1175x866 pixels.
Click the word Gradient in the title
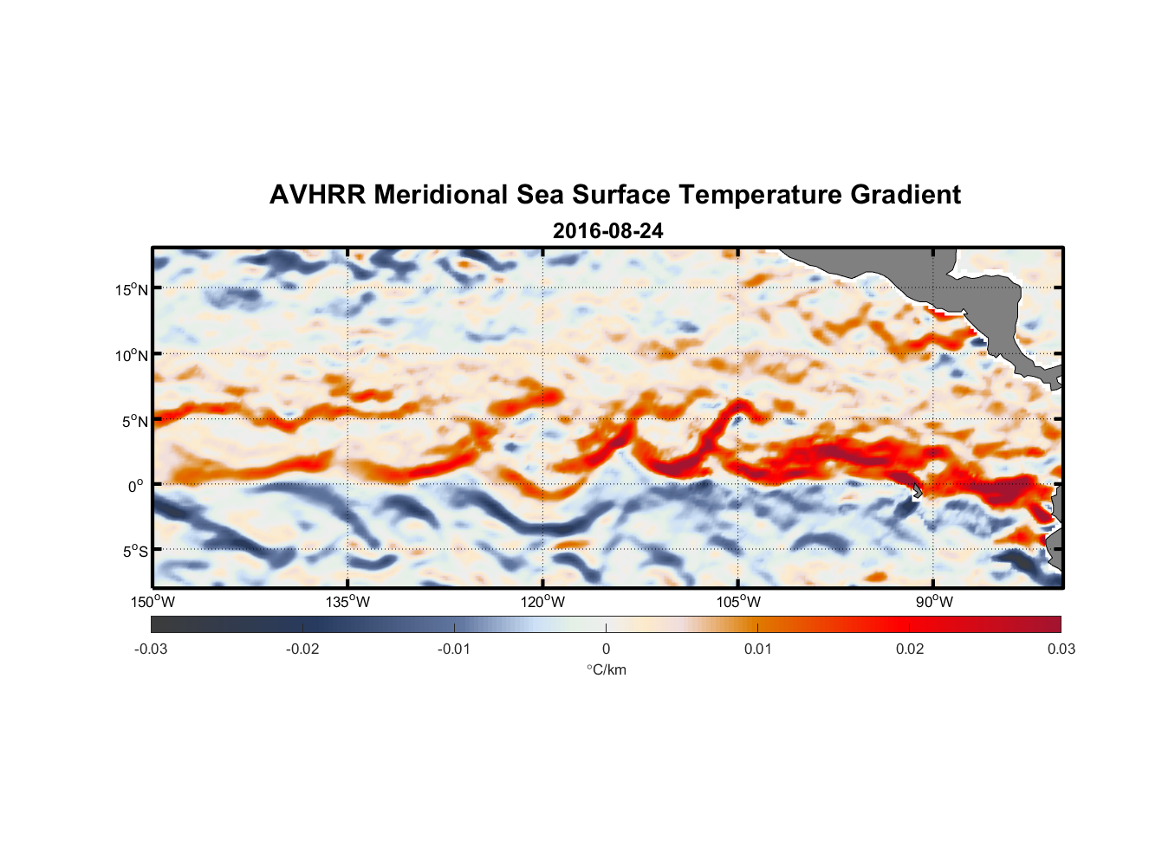click(x=906, y=195)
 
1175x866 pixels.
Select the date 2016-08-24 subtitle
click(x=607, y=231)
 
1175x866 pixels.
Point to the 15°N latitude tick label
click(x=132, y=289)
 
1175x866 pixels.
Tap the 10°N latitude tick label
click(x=132, y=355)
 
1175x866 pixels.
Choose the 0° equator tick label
click(x=137, y=487)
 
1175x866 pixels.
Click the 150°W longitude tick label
click(x=153, y=602)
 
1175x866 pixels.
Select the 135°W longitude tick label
click(x=348, y=602)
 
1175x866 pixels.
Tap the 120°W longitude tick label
click(x=543, y=602)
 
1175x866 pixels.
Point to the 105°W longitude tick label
click(x=738, y=602)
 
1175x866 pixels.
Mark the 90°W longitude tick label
click(x=934, y=602)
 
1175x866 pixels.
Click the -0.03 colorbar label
click(x=151, y=649)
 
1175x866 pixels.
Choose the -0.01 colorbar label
click(x=454, y=649)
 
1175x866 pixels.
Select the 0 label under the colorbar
click(x=606, y=649)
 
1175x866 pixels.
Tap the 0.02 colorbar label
click(x=910, y=649)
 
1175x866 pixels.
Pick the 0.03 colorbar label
click(x=1061, y=649)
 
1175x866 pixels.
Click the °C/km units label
click(x=606, y=669)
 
